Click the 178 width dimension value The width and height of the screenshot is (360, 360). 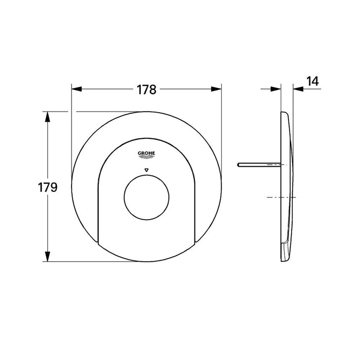pyautogui.click(x=146, y=89)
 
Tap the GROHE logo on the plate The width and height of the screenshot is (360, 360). pyautogui.click(x=147, y=154)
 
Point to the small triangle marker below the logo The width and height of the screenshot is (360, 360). pyautogui.click(x=147, y=169)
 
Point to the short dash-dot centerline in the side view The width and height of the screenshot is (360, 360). pyautogui.click(x=281, y=197)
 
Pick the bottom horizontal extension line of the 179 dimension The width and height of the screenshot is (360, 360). pyautogui.click(x=93, y=262)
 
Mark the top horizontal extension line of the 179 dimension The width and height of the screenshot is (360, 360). pyautogui.click(x=93, y=112)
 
